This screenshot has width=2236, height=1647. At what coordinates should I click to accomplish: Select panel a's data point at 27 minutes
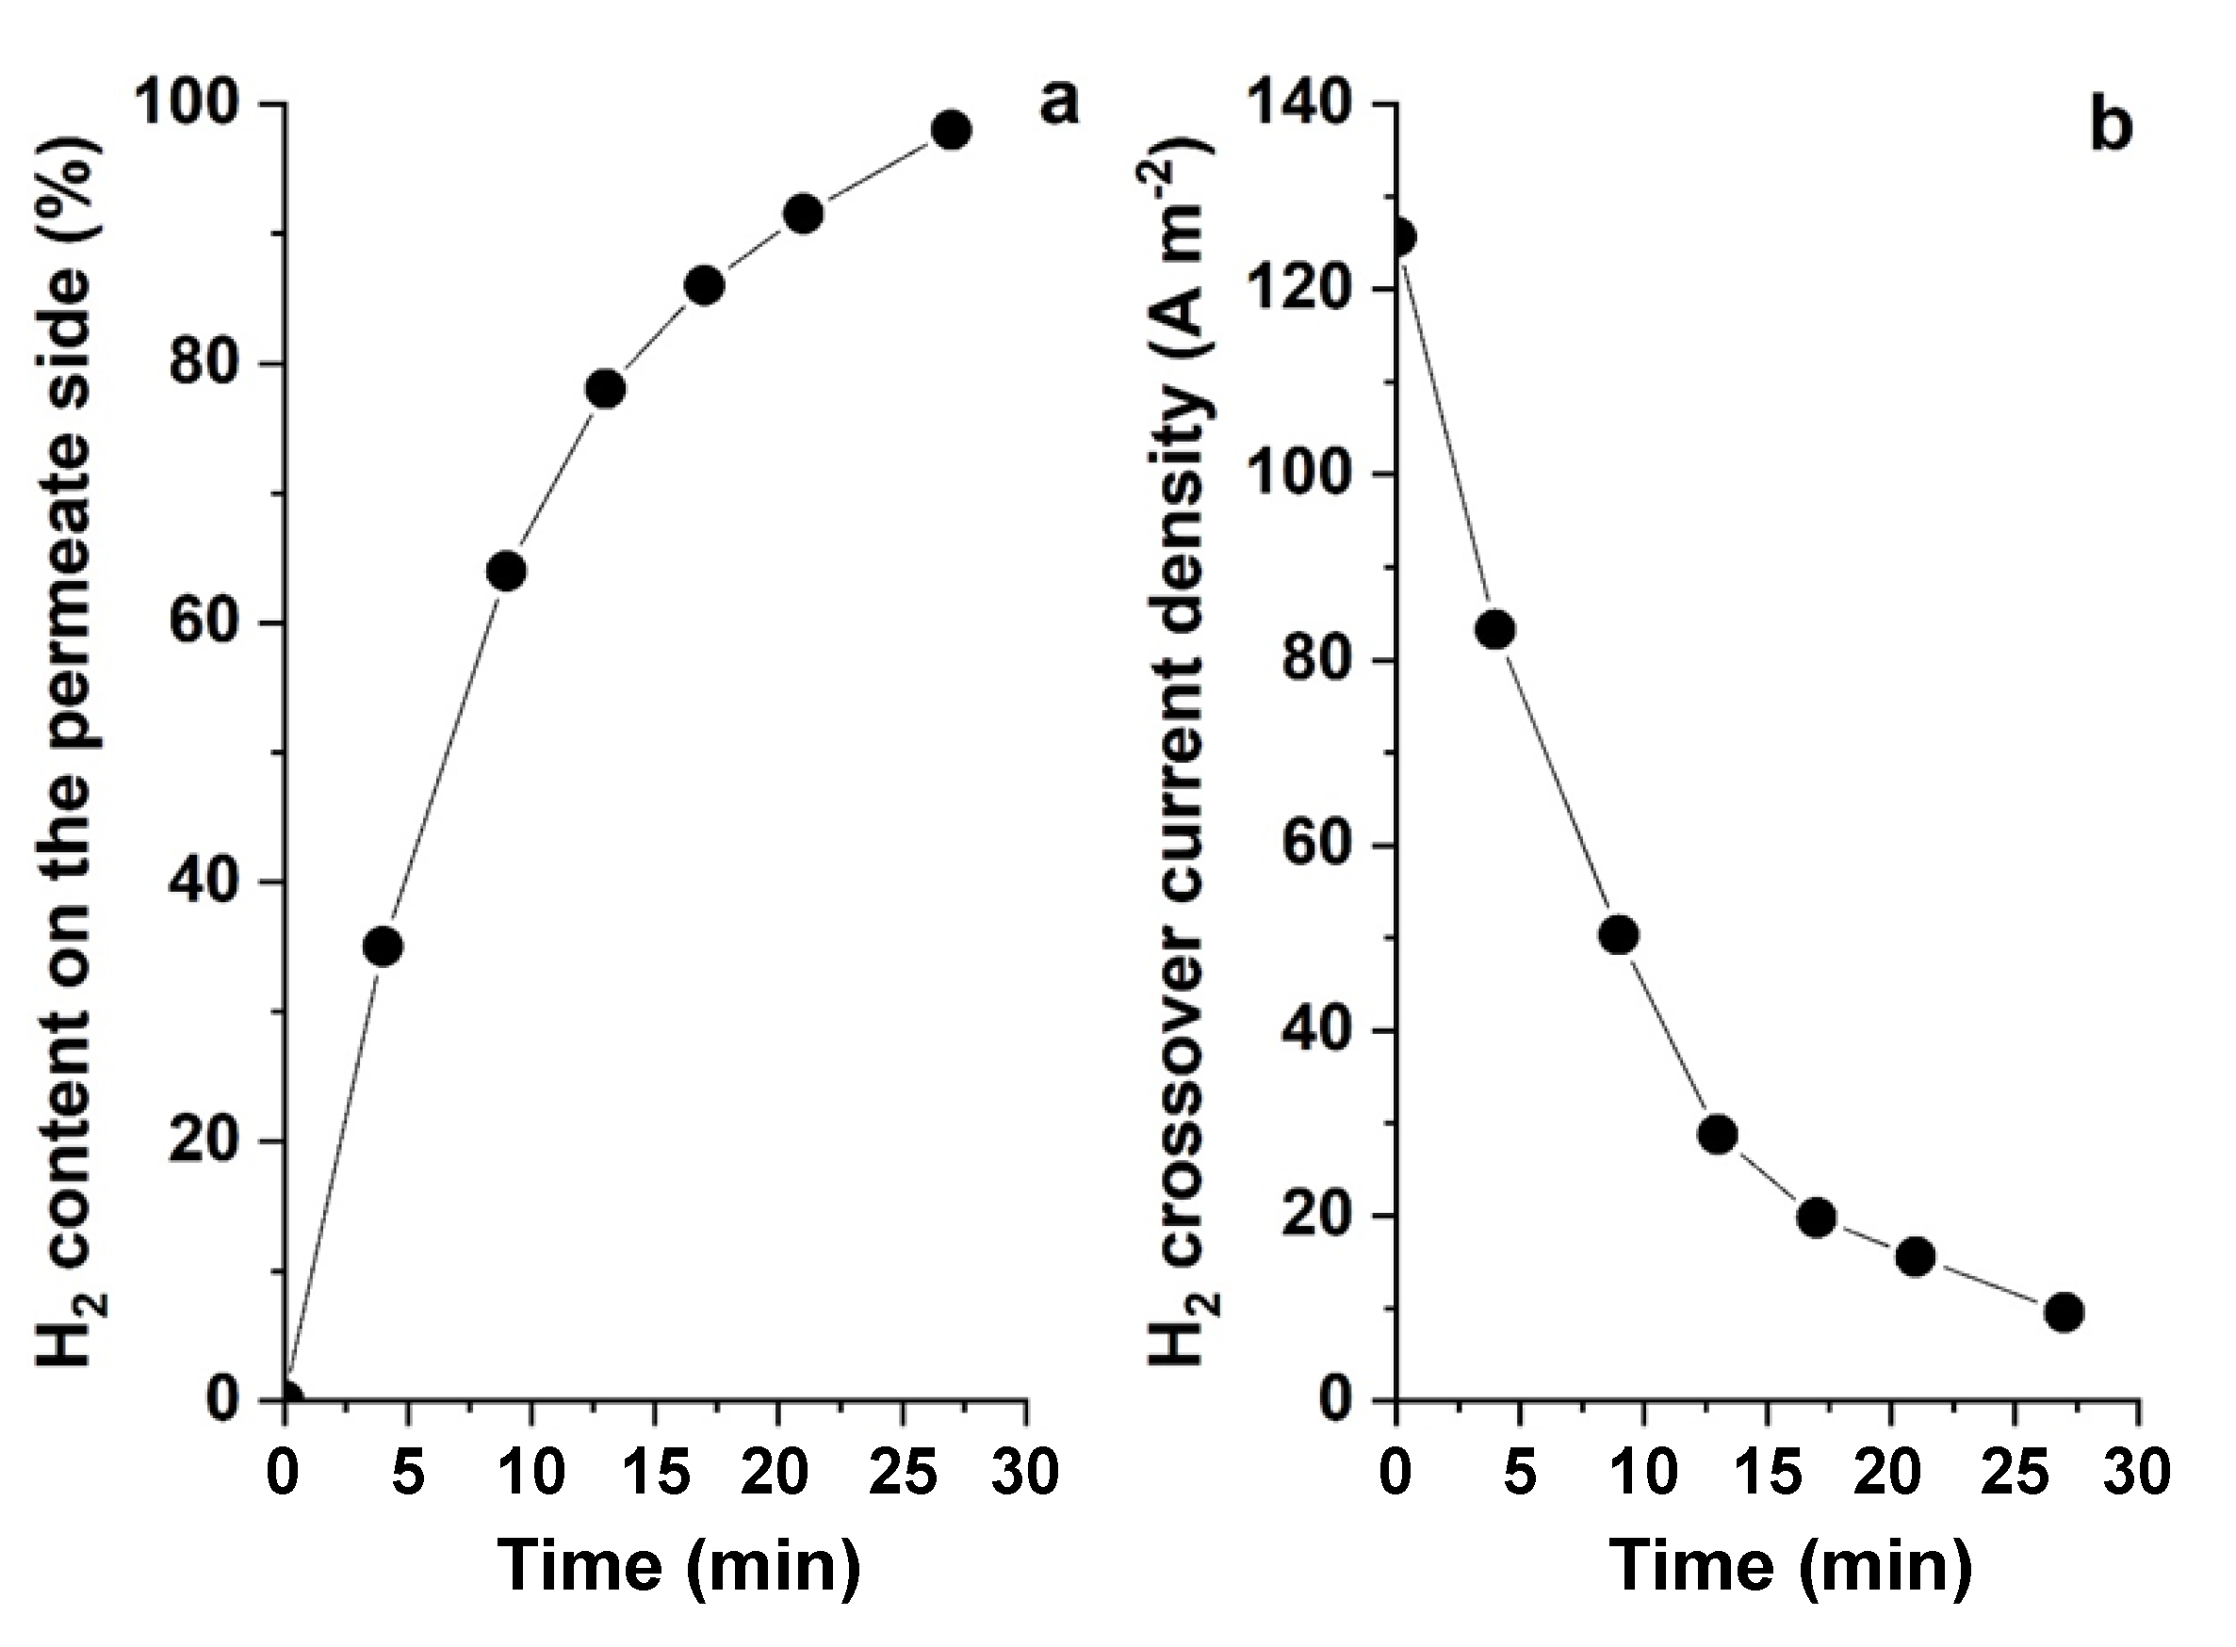click(x=951, y=130)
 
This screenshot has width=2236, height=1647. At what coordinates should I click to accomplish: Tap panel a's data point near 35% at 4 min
click(x=383, y=946)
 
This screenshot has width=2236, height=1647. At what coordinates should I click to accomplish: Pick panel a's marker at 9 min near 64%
click(x=507, y=571)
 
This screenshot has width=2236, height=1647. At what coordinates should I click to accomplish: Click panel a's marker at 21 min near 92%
click(x=803, y=214)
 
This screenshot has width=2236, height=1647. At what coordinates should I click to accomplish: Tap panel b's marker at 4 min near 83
click(x=1495, y=630)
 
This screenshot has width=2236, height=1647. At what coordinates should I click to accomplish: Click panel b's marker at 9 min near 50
click(x=1619, y=935)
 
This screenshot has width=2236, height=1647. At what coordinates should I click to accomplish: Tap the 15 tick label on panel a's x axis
click(x=655, y=1474)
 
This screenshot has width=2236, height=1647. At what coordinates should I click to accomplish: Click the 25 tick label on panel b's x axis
click(x=2015, y=1474)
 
